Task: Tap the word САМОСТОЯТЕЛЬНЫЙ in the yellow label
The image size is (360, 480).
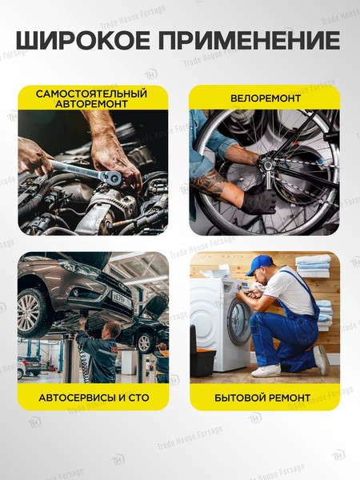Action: (92, 94)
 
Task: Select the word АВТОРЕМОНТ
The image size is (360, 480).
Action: (92, 104)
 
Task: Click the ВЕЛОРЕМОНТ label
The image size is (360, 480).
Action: (265, 98)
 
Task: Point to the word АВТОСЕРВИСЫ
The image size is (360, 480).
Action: (74, 397)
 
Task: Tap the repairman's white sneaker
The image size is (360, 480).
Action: (266, 370)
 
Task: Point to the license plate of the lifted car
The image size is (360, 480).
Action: (122, 298)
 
